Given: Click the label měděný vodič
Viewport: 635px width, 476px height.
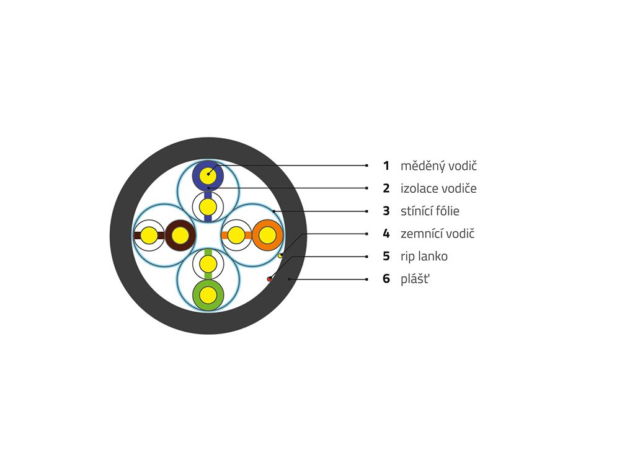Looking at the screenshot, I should pyautogui.click(x=438, y=165).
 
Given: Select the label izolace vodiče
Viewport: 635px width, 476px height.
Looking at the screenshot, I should pyautogui.click(x=438, y=188).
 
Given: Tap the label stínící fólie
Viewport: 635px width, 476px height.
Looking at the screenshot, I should pyautogui.click(x=430, y=211).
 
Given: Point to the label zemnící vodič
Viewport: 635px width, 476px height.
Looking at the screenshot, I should pyautogui.click(x=438, y=234).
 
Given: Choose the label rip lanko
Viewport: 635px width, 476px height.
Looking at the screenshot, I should pyautogui.click(x=424, y=256).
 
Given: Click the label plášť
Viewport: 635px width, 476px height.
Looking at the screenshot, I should pyautogui.click(x=415, y=279).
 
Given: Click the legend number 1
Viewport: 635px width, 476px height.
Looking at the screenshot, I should pyautogui.click(x=386, y=165).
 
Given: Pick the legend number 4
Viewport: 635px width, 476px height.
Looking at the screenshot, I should pyautogui.click(x=386, y=234).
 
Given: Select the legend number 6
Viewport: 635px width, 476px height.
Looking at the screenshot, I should pyautogui.click(x=386, y=279).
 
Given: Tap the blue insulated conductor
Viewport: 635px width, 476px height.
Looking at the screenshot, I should pyautogui.click(x=208, y=175).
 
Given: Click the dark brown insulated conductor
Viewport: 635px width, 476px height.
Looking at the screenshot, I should pyautogui.click(x=180, y=236).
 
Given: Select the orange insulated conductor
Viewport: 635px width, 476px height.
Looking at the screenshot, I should pyautogui.click(x=267, y=236).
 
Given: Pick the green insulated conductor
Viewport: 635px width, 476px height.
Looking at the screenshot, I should pyautogui.click(x=208, y=294).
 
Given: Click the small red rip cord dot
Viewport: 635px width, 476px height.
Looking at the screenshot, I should pyautogui.click(x=269, y=280).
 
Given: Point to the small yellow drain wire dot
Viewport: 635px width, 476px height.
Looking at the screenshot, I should pyautogui.click(x=280, y=255).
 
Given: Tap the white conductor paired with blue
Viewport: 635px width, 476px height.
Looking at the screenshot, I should pyautogui.click(x=208, y=206).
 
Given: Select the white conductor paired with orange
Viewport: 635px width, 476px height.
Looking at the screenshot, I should pyautogui.click(x=237, y=236).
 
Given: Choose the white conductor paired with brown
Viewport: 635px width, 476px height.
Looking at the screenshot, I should pyautogui.click(x=149, y=236).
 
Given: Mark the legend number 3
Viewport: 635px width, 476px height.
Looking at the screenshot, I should pyautogui.click(x=386, y=211).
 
